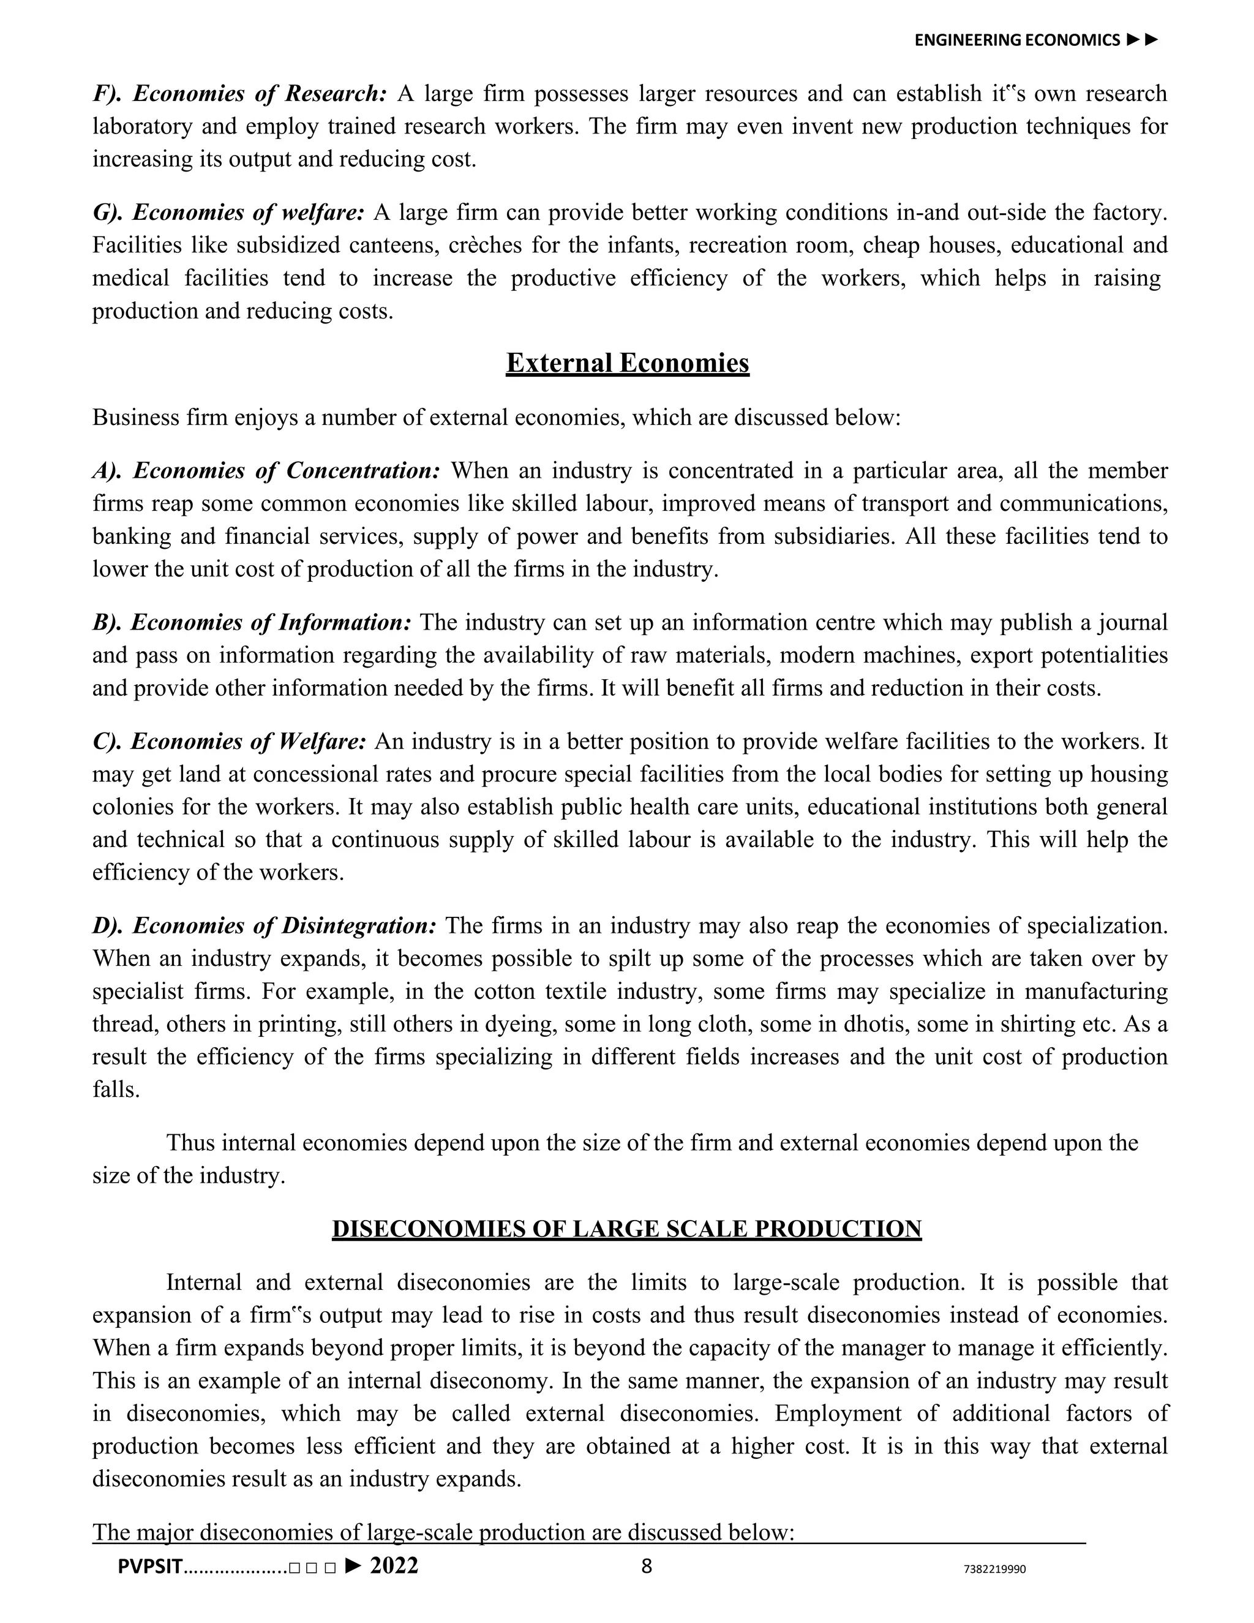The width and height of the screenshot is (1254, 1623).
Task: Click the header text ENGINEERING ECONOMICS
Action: click(1016, 40)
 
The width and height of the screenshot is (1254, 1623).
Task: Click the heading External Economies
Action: click(627, 363)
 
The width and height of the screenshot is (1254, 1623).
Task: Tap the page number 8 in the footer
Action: click(647, 1566)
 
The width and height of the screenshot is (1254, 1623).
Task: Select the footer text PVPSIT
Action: click(149, 1567)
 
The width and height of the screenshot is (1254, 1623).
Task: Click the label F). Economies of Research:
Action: click(239, 94)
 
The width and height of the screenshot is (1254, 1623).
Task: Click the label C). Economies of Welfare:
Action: click(229, 741)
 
